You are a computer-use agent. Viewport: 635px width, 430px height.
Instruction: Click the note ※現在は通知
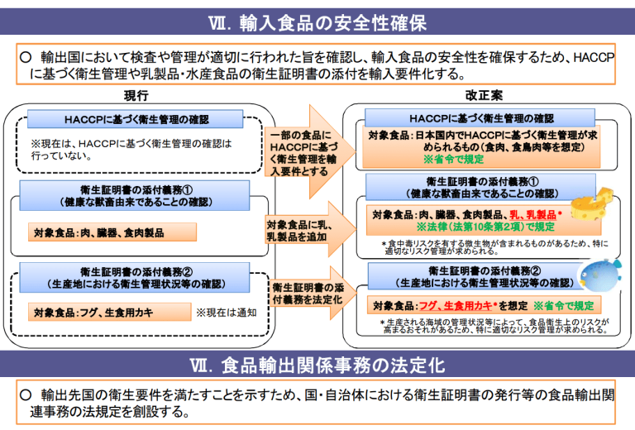(226, 313)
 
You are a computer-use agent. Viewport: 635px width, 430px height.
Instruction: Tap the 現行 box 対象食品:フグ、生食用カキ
(93, 313)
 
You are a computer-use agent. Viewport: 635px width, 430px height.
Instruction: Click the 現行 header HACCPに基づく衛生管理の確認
(136, 118)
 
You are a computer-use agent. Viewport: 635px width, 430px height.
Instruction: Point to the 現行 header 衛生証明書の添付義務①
(136, 191)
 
